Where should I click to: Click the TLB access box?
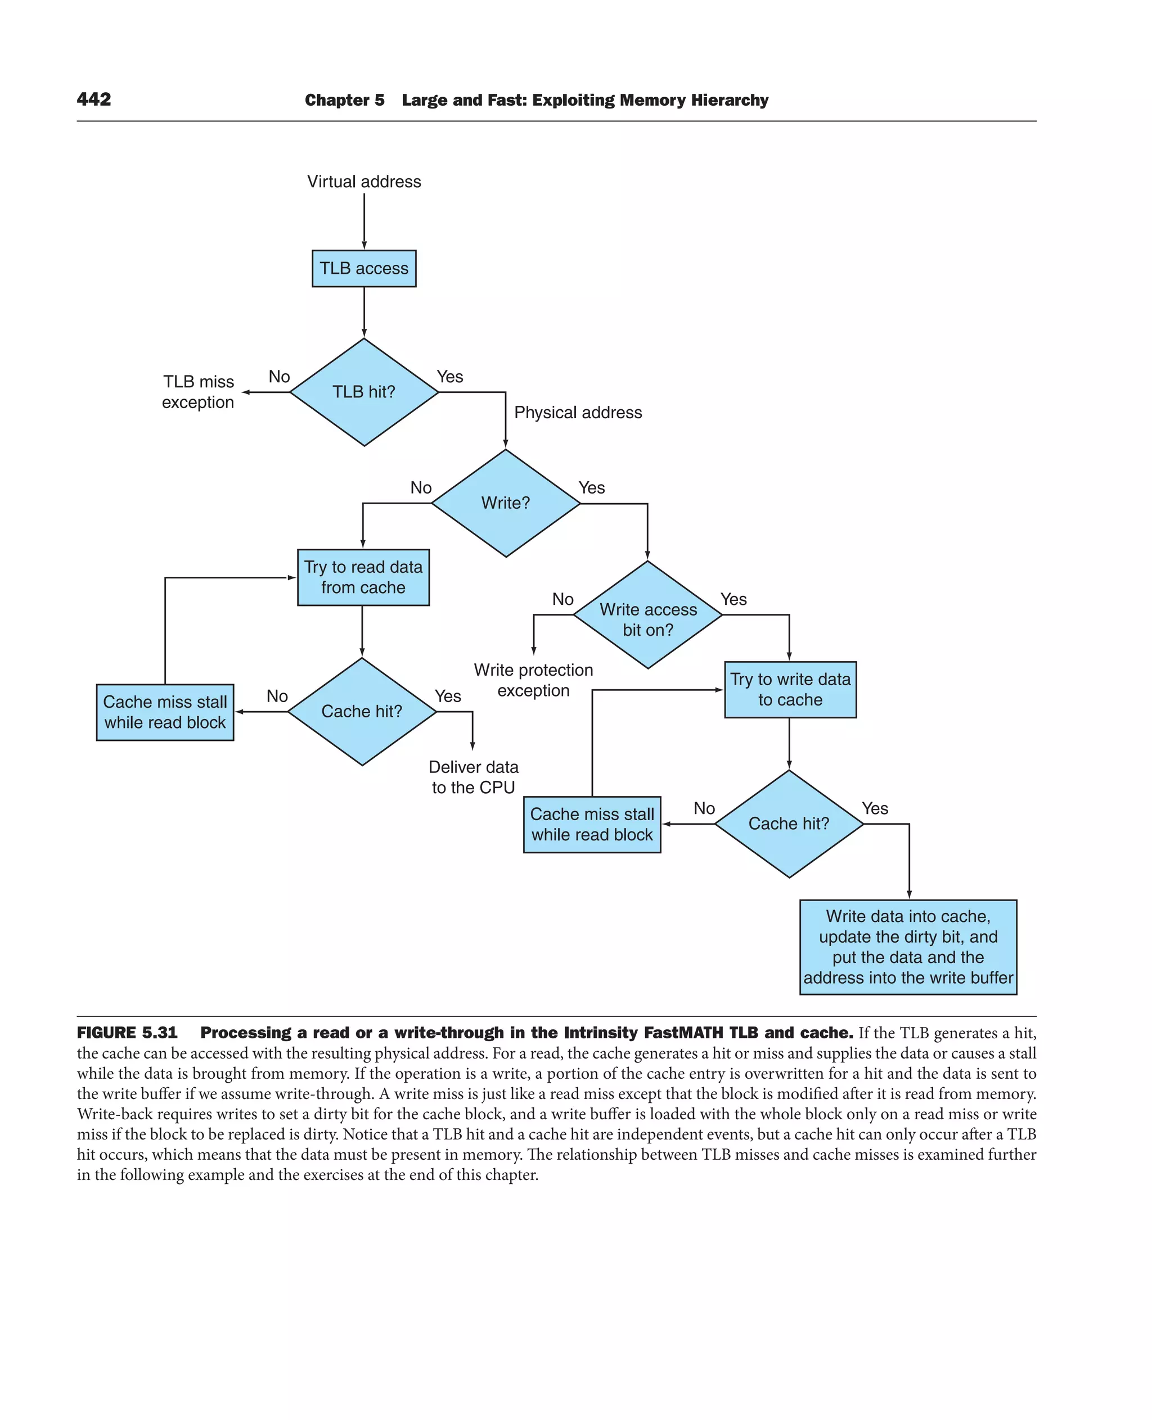(x=363, y=269)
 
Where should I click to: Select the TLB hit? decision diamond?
(x=363, y=392)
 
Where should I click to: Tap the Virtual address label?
(x=363, y=182)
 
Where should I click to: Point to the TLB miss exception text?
(x=198, y=392)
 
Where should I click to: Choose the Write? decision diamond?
(x=506, y=503)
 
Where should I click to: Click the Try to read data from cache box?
(x=363, y=577)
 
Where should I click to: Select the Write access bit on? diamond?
(x=647, y=616)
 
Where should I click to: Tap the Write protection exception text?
(x=533, y=680)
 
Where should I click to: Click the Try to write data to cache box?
(x=790, y=689)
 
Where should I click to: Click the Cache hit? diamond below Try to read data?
(x=362, y=712)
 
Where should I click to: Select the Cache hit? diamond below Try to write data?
(x=789, y=824)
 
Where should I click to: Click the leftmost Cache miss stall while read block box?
(x=165, y=712)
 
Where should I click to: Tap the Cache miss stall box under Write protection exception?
(x=592, y=825)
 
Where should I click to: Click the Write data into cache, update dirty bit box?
(x=907, y=947)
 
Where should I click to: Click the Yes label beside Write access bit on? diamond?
(x=733, y=600)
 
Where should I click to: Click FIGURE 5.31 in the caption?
(x=128, y=1033)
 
